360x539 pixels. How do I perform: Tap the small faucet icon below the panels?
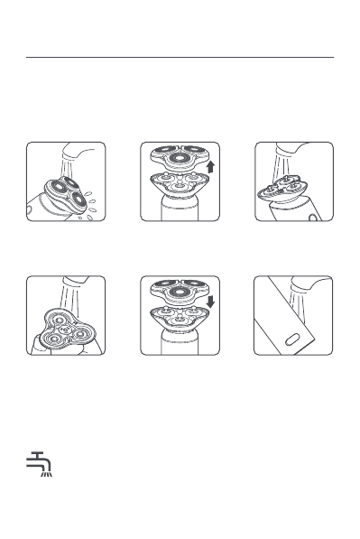pos(37,463)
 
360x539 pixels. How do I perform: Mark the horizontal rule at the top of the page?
pos(180,58)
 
